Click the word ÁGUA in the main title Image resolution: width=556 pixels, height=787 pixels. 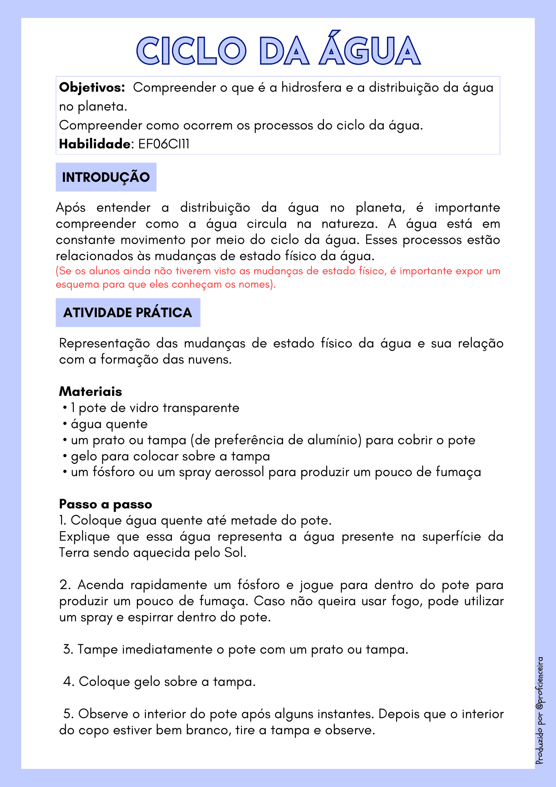369,50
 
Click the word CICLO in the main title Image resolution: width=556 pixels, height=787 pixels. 191,51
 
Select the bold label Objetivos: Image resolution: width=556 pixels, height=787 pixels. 92,87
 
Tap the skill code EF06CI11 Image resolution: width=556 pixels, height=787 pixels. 164,144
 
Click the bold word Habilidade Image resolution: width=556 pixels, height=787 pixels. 94,144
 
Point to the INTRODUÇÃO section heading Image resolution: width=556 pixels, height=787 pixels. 106,177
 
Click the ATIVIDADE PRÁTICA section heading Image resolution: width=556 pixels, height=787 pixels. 128,312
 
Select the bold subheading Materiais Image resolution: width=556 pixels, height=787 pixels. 90,392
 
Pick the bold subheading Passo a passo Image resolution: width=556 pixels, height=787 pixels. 105,504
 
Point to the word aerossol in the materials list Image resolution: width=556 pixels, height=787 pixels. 239,472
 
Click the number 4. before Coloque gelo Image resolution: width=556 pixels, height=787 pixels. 69,682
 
